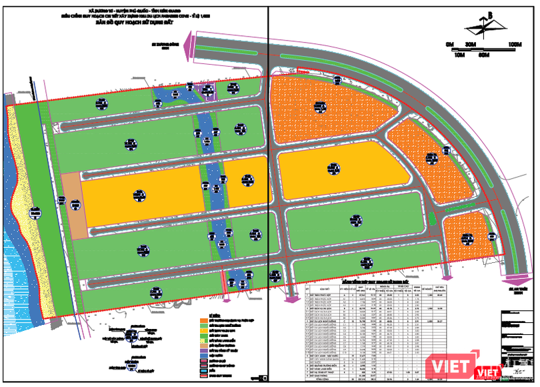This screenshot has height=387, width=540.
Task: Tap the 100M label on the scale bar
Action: pos(513,44)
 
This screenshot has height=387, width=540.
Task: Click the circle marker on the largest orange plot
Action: pos(319,105)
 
